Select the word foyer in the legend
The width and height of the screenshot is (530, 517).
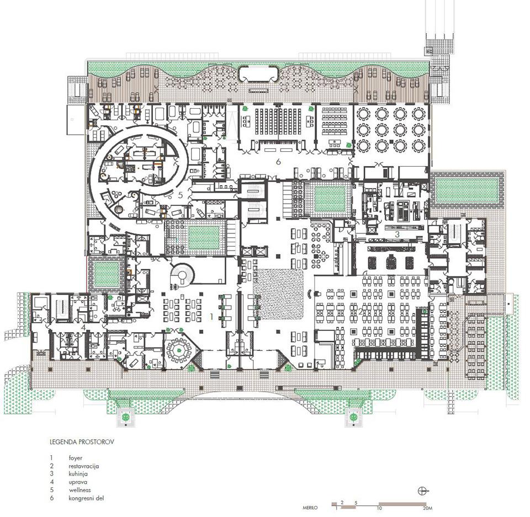click(x=76, y=459)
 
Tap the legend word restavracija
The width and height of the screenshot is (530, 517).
click(x=83, y=466)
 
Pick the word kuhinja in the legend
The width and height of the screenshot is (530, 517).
click(x=78, y=474)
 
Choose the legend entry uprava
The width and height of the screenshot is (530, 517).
click(x=77, y=483)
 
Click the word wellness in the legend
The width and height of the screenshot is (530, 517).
click(x=79, y=490)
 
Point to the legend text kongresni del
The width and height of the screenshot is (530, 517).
click(x=86, y=498)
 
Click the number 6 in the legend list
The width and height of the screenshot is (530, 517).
click(x=52, y=498)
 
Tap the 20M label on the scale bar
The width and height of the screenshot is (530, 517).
click(x=427, y=508)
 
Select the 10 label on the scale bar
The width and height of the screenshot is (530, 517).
click(x=379, y=508)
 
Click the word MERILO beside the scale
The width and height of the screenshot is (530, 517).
click(x=310, y=508)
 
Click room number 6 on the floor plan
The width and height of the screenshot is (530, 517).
click(x=278, y=162)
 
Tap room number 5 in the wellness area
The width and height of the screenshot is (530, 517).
click(x=180, y=195)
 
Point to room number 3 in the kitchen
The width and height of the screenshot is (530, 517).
click(x=397, y=233)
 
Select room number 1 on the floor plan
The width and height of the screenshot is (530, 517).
click(x=211, y=317)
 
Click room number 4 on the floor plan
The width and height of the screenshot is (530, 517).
click(x=83, y=327)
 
